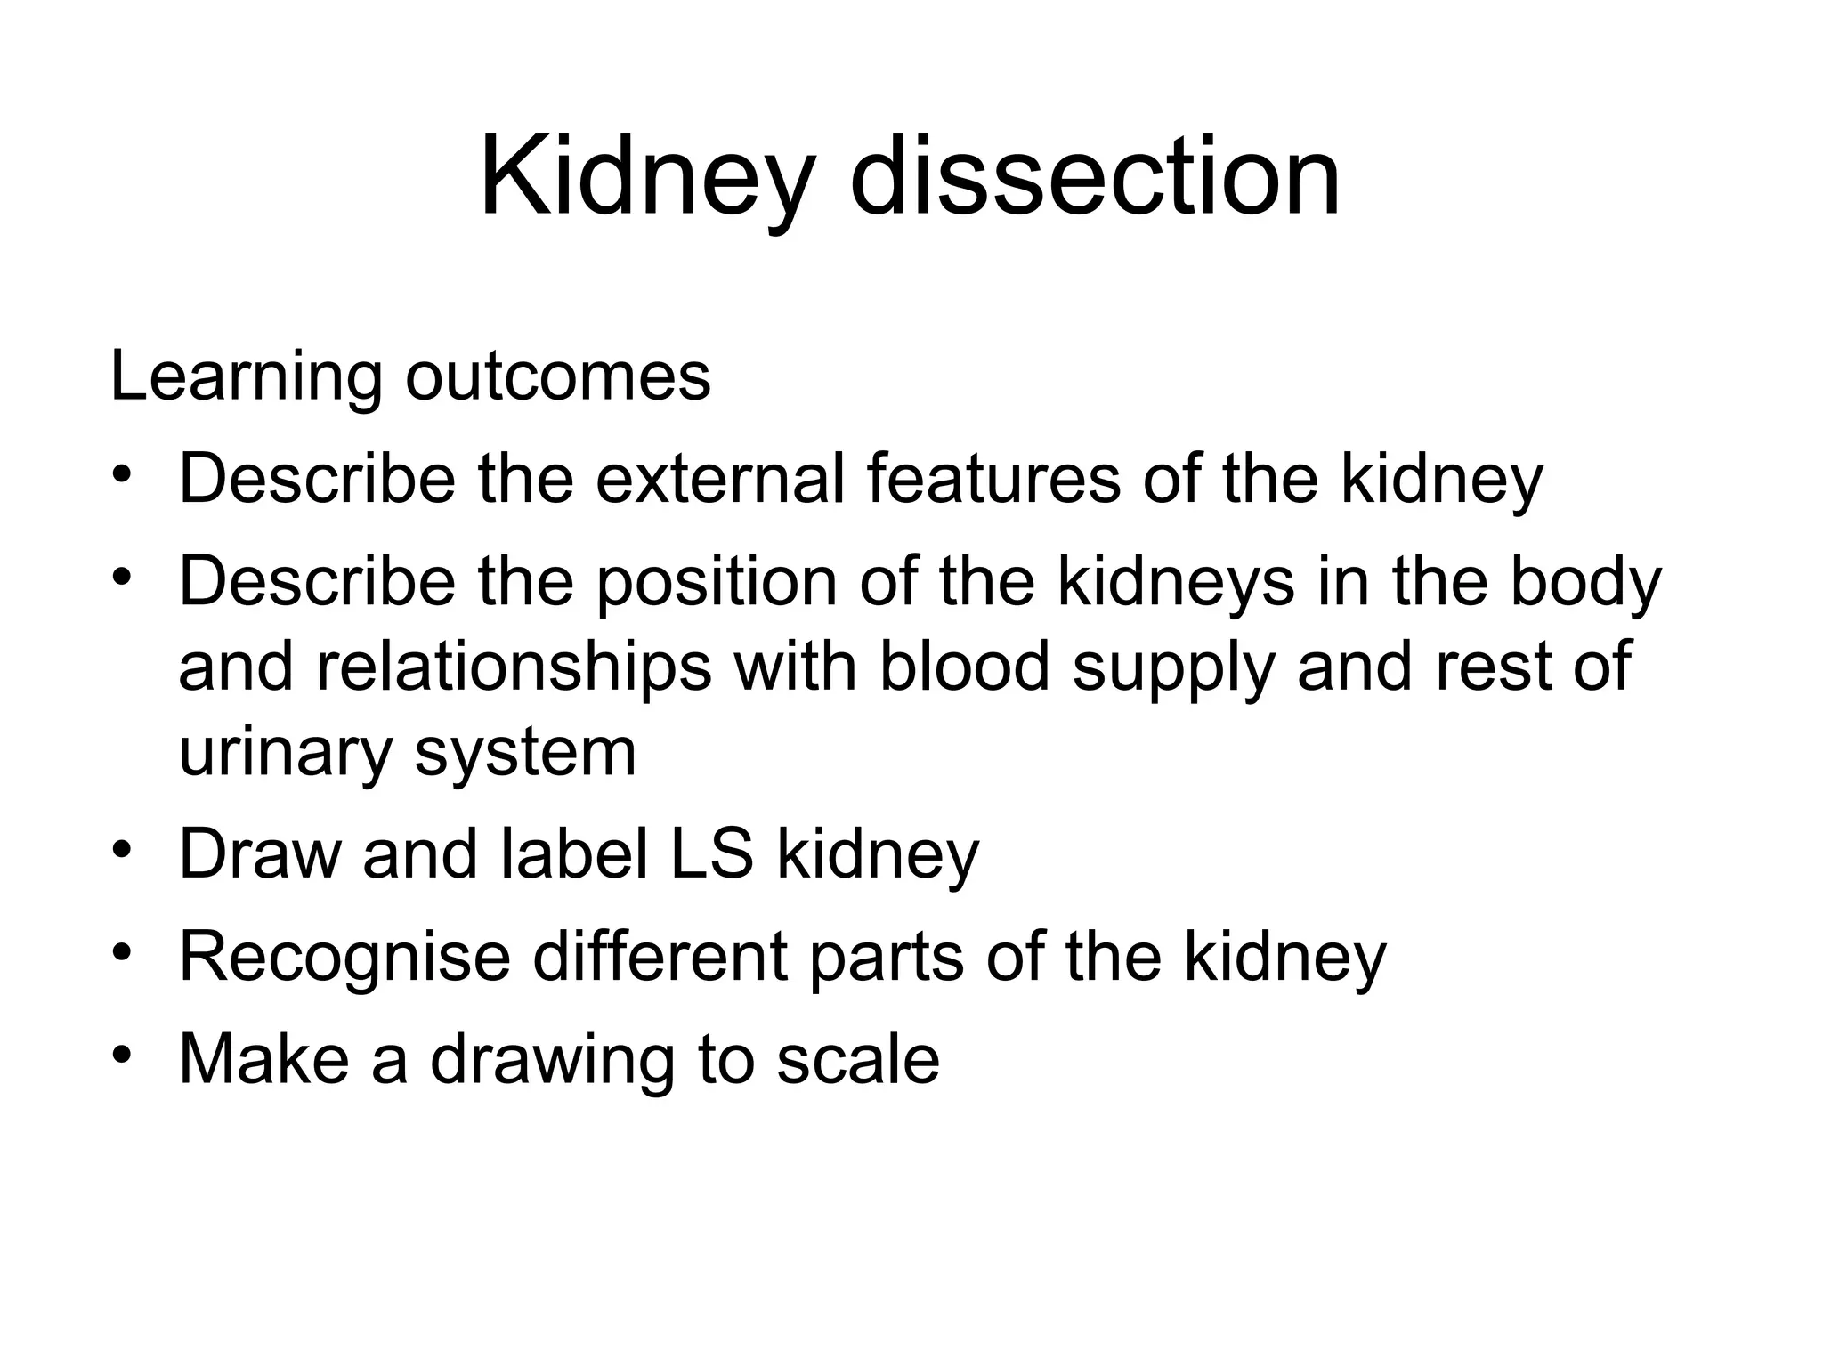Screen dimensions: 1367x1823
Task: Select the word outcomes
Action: [558, 377]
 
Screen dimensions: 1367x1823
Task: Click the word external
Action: [719, 479]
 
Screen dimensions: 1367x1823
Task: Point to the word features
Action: [993, 479]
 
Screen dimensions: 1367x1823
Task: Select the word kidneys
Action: [1176, 581]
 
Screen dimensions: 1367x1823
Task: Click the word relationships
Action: [514, 667]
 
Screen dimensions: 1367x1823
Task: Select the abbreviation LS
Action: [712, 853]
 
